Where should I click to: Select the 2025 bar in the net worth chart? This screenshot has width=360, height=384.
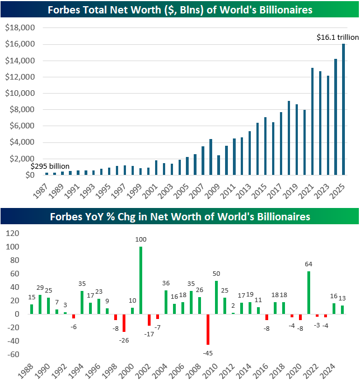click(343, 109)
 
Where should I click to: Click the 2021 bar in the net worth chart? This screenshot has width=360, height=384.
click(312, 121)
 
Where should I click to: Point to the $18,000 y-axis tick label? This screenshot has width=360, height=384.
click(20, 27)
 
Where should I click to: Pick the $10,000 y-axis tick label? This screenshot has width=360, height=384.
click(20, 93)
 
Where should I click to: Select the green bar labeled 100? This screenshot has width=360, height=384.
click(140, 280)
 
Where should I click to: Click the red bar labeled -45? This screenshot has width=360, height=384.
click(208, 329)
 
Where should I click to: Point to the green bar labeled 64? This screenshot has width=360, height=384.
click(308, 293)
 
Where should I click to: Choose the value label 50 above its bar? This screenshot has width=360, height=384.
click(216, 273)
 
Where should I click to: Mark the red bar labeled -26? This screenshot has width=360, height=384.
click(124, 323)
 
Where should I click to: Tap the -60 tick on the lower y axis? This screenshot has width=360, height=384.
click(13, 354)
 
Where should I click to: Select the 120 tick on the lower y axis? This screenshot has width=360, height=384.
click(12, 230)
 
